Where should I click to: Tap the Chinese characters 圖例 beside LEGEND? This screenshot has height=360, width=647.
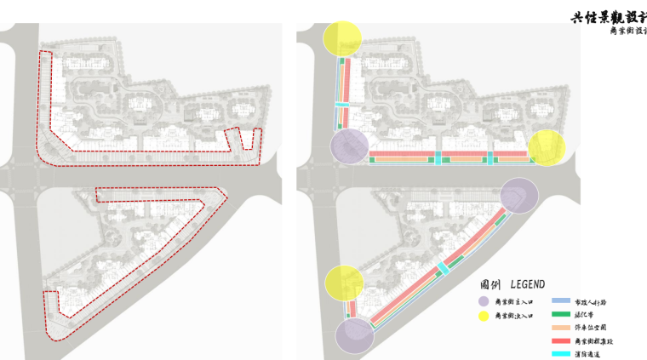[x=490, y=284]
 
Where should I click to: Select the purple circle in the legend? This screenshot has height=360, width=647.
[x=484, y=302]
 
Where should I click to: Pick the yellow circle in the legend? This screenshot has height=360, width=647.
[x=484, y=316]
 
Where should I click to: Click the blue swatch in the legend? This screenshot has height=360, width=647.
[x=560, y=302]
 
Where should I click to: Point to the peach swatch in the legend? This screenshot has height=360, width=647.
[x=560, y=328]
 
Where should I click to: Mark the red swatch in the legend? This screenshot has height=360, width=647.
[x=560, y=340]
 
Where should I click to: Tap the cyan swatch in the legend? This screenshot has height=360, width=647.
[x=560, y=353]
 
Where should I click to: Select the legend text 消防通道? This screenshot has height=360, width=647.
[x=588, y=353]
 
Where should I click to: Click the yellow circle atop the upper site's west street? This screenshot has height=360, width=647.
[x=343, y=39]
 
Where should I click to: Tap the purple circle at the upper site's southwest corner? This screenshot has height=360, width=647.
[x=349, y=146]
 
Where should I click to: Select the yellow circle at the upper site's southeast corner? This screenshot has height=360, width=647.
[x=547, y=147]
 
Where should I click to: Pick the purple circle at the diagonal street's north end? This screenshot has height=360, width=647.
[x=518, y=195]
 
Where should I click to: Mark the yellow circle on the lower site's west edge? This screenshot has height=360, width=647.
[x=345, y=283]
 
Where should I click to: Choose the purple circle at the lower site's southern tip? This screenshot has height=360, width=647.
[x=354, y=334]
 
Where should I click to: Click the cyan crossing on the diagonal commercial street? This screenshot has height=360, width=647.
[x=443, y=269]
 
